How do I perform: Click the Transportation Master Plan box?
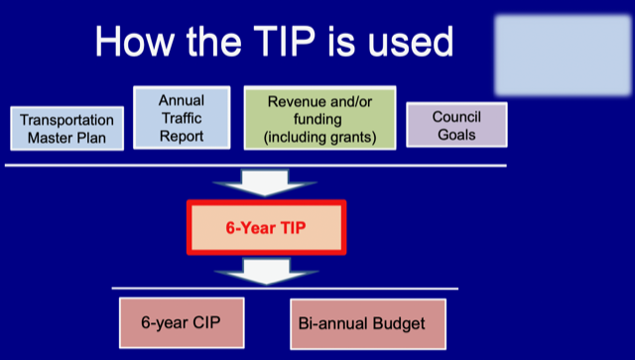coord(66,128)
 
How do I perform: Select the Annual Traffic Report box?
coord(182,117)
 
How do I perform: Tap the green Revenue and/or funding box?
coord(319,118)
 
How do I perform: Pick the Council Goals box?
coord(456,125)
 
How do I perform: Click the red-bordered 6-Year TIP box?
coord(267,227)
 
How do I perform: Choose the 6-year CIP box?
coord(182,322)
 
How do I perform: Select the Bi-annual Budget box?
coord(368,324)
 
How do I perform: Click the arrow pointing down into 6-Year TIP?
coord(265,182)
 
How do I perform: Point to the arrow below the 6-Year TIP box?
coord(266,272)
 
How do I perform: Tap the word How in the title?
coord(135,42)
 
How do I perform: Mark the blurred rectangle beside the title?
coord(563,56)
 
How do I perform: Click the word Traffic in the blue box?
coord(182,118)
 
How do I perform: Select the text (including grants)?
coord(319,137)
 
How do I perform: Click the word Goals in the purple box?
coord(456,135)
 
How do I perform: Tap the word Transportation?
coord(66,120)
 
